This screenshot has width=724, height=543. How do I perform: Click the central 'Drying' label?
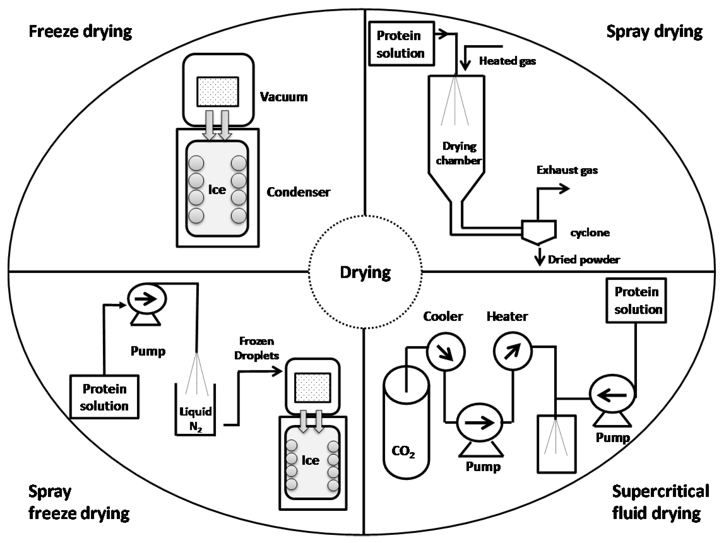tap(365, 272)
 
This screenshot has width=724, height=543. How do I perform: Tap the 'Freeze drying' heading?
tap(80, 32)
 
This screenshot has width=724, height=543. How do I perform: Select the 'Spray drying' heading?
tap(654, 32)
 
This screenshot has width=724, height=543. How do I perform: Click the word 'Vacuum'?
tap(283, 97)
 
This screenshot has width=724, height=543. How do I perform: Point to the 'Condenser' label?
tap(298, 192)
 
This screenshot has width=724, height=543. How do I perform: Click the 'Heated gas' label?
tap(507, 61)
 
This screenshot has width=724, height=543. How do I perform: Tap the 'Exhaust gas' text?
tap(567, 170)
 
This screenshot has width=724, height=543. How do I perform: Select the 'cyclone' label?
tap(590, 233)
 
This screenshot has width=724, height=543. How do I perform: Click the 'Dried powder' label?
tap(584, 260)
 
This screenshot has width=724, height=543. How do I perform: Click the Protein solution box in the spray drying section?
tap(401, 44)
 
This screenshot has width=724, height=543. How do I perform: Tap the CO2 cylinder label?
tap(403, 452)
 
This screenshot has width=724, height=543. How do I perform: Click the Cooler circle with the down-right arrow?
tap(445, 352)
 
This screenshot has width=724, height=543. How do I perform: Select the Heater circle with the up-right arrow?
tap(513, 351)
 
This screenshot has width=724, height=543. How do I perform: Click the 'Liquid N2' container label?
tap(195, 419)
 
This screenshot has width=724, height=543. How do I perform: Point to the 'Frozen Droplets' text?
tap(256, 348)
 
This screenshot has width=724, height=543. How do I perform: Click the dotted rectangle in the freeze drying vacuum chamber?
tap(218, 91)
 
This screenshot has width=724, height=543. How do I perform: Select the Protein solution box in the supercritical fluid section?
tap(636, 301)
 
